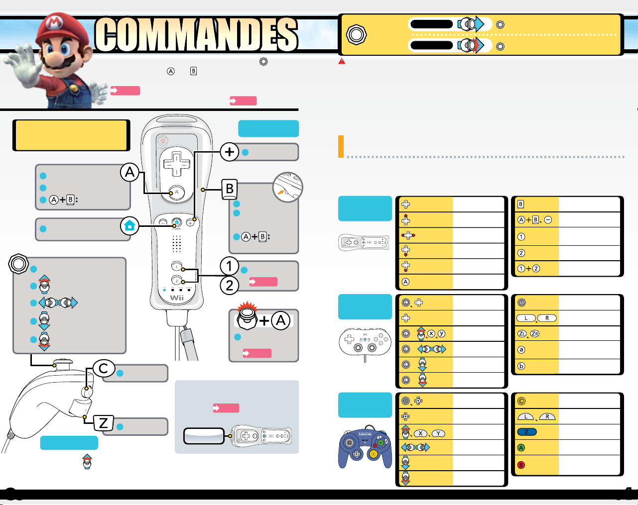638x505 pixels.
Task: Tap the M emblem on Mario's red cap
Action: (x=54, y=23)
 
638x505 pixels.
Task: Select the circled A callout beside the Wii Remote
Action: (x=130, y=173)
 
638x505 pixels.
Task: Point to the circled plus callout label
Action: (x=230, y=152)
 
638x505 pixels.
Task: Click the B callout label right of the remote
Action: (x=230, y=189)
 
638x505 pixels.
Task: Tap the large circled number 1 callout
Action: (x=229, y=266)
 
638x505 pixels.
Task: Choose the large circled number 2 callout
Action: (x=229, y=286)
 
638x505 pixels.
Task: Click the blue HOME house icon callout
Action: (x=129, y=226)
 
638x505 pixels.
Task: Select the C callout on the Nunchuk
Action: (x=104, y=369)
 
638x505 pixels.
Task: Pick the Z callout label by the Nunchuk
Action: (x=103, y=423)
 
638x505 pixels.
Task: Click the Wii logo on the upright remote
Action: (x=177, y=298)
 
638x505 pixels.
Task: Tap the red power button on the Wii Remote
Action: (x=163, y=141)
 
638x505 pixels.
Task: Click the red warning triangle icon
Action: (x=342, y=61)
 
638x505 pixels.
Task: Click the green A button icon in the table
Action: (x=521, y=448)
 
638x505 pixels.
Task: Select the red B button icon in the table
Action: (x=521, y=465)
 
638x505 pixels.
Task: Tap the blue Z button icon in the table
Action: (x=526, y=432)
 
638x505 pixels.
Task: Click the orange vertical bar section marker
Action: (x=341, y=146)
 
